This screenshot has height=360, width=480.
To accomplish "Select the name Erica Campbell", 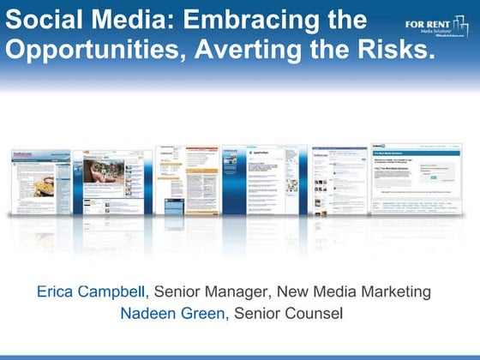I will tap(93, 291).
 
